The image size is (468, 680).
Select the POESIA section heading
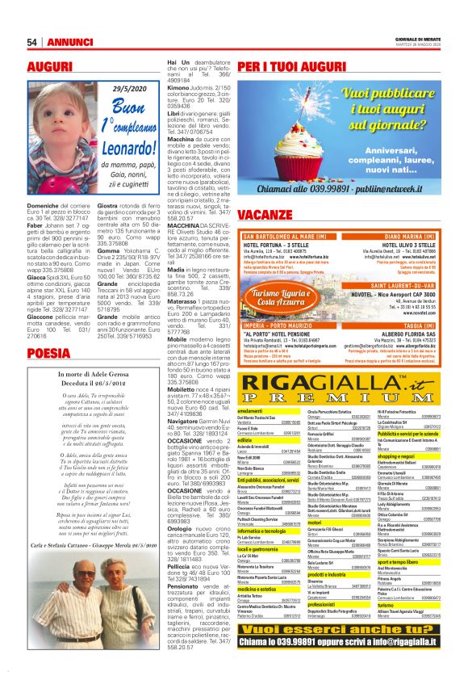tap(48, 352)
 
